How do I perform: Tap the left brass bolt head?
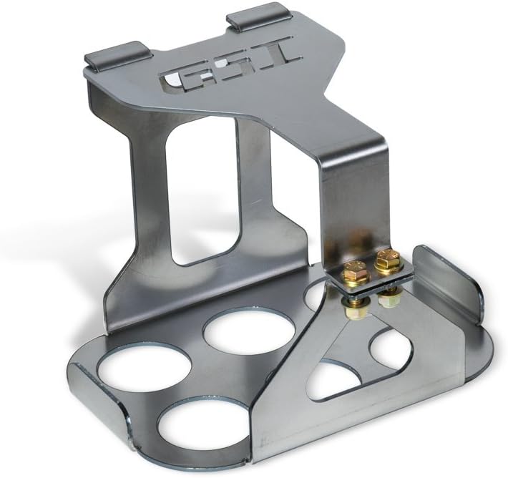[356, 271]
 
